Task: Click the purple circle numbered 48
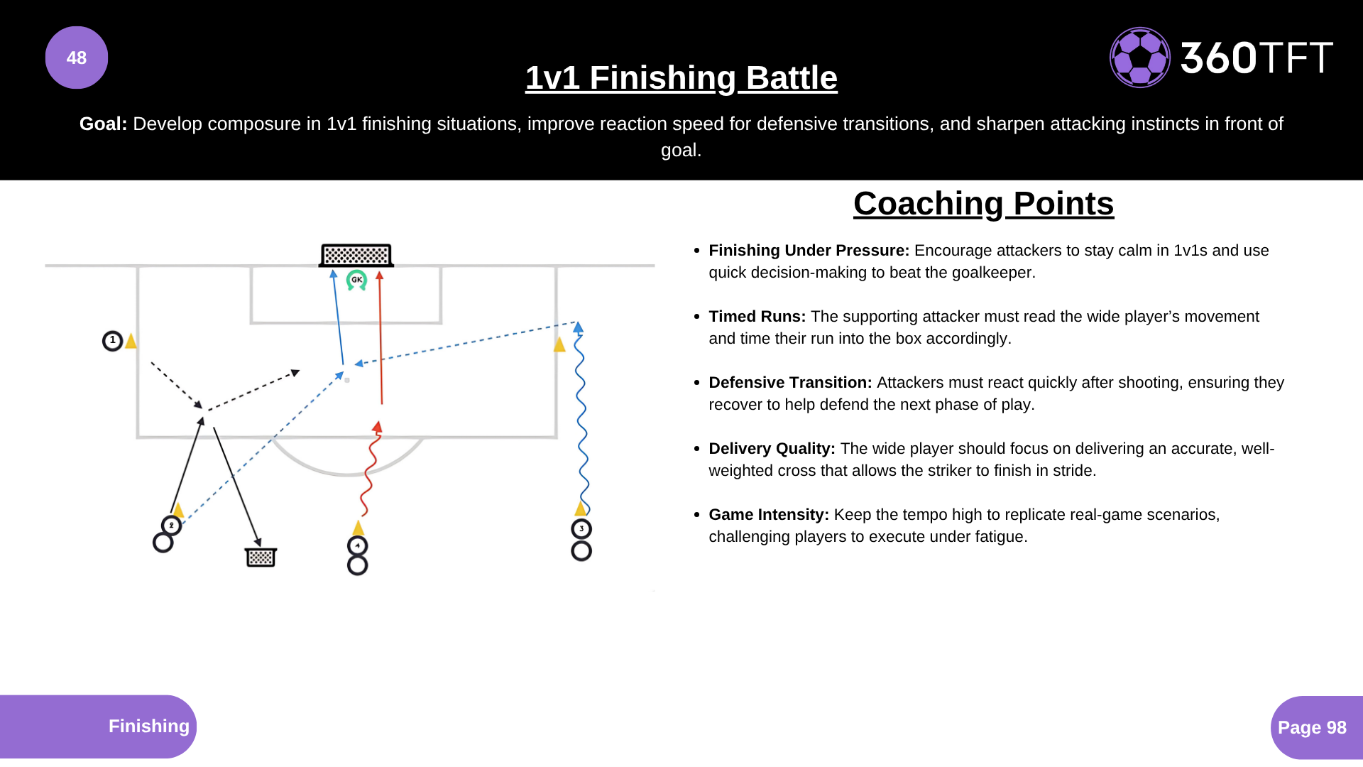click(77, 58)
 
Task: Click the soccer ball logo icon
click(1140, 58)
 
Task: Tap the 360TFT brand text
click(1257, 58)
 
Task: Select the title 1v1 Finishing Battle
click(681, 77)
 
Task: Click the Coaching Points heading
click(984, 204)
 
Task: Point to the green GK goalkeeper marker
click(356, 280)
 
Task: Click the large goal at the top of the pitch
click(356, 255)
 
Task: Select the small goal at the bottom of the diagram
click(261, 557)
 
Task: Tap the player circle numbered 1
click(112, 341)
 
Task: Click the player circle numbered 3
click(581, 529)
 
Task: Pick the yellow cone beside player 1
click(131, 340)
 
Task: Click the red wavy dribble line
click(368, 469)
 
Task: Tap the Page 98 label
click(1312, 728)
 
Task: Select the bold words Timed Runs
click(757, 317)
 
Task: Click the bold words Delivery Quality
click(772, 449)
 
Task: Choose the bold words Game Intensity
click(769, 515)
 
